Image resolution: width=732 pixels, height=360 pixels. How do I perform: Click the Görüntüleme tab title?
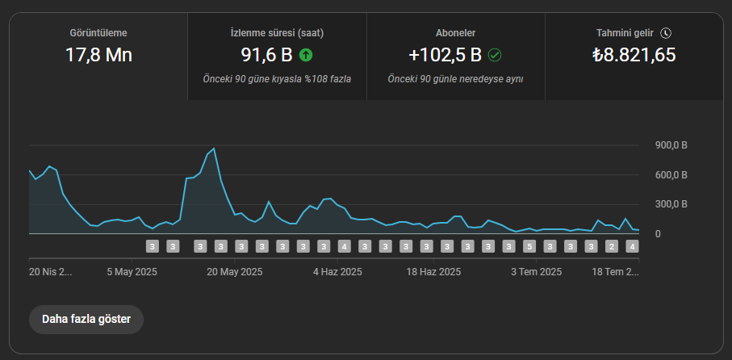coord(98,33)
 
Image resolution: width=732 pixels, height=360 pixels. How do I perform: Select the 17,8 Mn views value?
coord(98,55)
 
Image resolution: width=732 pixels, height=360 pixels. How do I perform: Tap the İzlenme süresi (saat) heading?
coord(278,33)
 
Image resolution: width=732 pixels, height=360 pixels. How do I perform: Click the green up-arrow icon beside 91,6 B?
coord(306,55)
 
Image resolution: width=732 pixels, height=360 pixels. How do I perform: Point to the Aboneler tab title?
coord(456,33)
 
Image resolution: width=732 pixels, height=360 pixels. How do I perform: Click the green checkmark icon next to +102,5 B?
coord(495,55)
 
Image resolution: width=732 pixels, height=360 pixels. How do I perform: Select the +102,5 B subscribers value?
coord(445,55)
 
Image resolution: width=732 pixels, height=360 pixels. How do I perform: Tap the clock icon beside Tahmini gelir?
coord(666,33)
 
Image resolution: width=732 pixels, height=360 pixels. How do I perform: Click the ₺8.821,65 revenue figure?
coord(634,55)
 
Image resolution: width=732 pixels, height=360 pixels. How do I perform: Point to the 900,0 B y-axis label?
coord(671,145)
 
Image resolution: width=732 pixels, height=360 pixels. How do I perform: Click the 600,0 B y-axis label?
coord(671,175)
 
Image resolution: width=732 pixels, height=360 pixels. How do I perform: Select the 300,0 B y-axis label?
coord(671,204)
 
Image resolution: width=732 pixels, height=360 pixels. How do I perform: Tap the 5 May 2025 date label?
coord(132,272)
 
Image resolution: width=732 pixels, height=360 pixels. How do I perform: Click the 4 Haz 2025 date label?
coord(337,272)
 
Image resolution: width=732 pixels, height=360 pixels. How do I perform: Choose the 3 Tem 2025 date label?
coord(537,272)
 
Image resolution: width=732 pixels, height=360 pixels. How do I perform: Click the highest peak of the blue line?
coord(214,149)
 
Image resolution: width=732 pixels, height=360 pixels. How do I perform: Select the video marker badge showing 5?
coord(529,246)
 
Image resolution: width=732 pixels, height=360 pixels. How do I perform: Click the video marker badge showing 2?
coord(612,246)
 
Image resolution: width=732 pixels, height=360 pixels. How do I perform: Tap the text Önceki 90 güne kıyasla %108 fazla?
coord(278,79)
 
